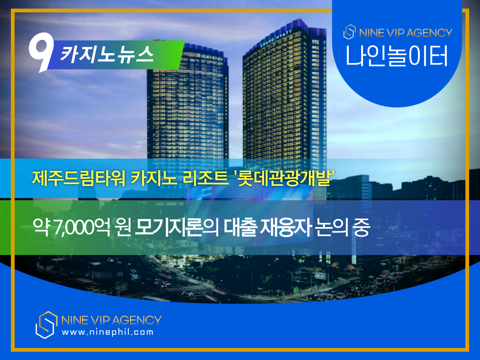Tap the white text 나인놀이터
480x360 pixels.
click(x=397, y=56)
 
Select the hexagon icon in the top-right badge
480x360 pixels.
click(x=349, y=32)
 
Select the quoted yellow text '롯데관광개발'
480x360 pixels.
click(x=283, y=178)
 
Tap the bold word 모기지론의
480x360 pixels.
click(x=176, y=227)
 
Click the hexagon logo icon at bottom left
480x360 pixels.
click(x=46, y=325)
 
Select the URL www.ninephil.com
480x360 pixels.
click(x=108, y=332)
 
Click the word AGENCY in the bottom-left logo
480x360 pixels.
click(x=136, y=320)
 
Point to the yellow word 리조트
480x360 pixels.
click(x=205, y=178)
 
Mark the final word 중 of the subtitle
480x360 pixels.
click(x=361, y=227)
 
